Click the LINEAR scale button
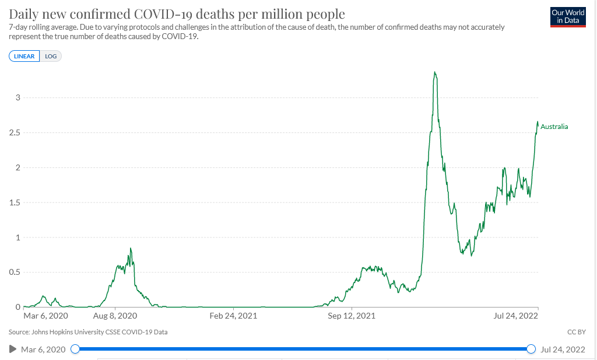click(x=24, y=56)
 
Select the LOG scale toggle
click(x=51, y=56)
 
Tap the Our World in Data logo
click(x=568, y=17)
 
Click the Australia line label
click(x=554, y=127)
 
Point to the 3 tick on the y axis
click(x=17, y=97)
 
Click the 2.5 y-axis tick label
click(x=15, y=132)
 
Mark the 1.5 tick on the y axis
click(x=15, y=202)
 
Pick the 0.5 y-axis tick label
click(x=15, y=272)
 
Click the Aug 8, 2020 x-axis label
click(x=115, y=316)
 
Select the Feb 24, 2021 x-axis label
click(x=233, y=316)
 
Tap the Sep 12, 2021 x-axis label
click(x=352, y=316)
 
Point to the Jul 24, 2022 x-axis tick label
click(x=515, y=316)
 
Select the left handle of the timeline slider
click(x=75, y=349)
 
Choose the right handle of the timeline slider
click(x=531, y=349)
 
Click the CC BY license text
click(x=576, y=332)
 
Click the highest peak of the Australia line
click(x=434, y=72)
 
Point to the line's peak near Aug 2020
click(x=131, y=249)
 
